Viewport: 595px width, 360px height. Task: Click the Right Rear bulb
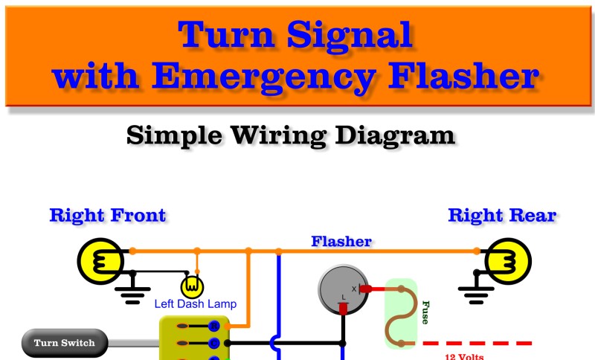pyautogui.click(x=509, y=261)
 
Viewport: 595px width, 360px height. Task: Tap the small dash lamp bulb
pyautogui.click(x=193, y=285)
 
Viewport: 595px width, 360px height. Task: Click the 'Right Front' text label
pyautogui.click(x=108, y=216)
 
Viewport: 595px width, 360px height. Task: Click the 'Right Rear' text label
pyautogui.click(x=502, y=216)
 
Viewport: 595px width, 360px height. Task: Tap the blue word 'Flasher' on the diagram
pyautogui.click(x=341, y=242)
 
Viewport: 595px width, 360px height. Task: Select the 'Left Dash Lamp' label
pyautogui.click(x=195, y=303)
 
